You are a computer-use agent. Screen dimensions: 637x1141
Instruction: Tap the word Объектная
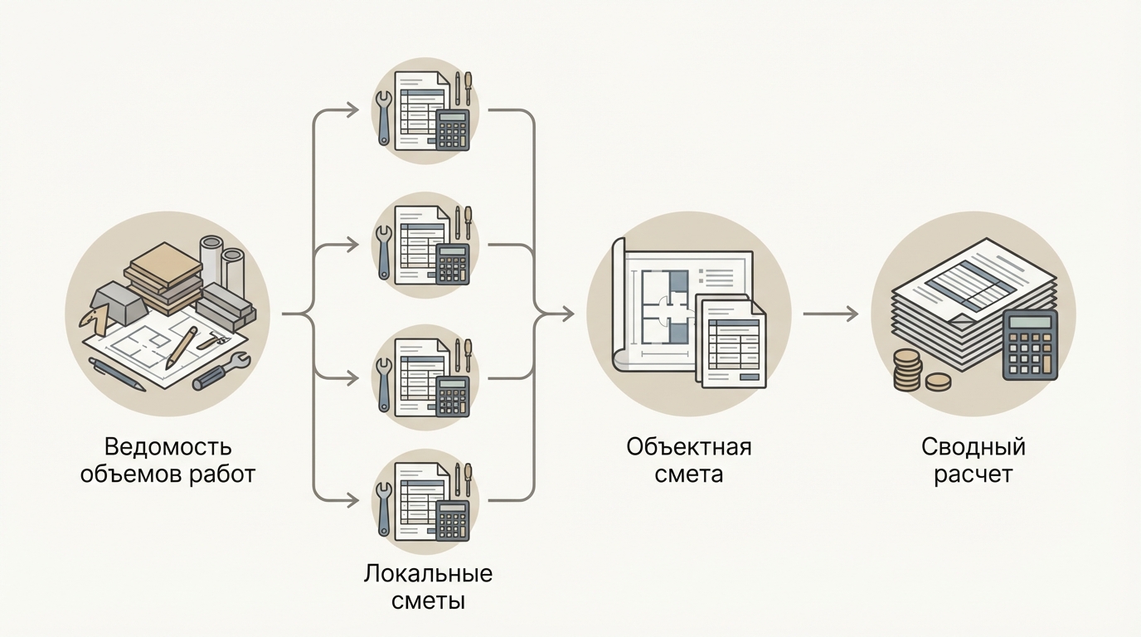(x=688, y=447)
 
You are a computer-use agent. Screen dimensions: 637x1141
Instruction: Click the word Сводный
(x=973, y=447)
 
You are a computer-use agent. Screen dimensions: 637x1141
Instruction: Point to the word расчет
(x=973, y=474)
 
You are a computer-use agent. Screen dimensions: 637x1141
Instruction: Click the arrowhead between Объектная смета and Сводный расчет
(x=852, y=314)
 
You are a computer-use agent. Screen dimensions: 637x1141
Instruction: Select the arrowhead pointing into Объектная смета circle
(x=568, y=314)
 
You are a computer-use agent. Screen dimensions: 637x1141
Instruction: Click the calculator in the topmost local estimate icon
(x=453, y=129)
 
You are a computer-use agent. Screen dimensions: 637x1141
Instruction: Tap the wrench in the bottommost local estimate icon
(x=384, y=505)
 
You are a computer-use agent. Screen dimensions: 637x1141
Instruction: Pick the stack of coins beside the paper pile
(x=908, y=369)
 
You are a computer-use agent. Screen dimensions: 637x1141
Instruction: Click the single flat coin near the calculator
(x=938, y=382)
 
